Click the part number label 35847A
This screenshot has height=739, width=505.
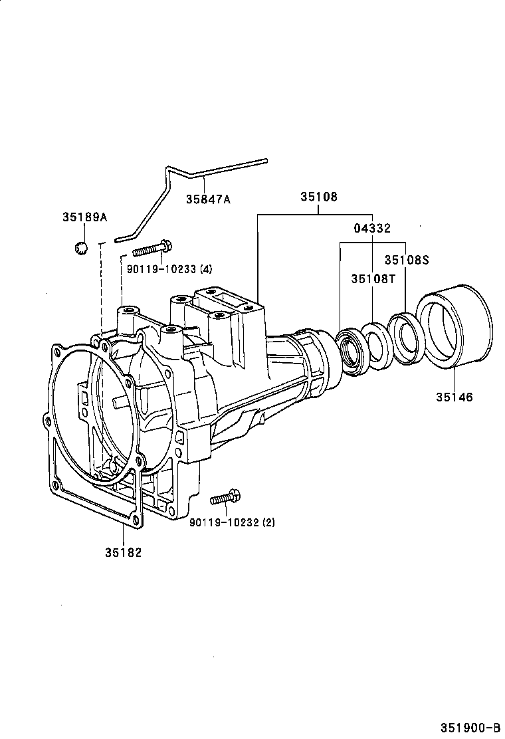pos(208,199)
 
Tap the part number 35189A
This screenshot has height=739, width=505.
pos(85,217)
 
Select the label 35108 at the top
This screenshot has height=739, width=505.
pos(318,197)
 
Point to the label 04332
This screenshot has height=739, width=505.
pos(371,228)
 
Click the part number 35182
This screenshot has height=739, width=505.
pos(123,552)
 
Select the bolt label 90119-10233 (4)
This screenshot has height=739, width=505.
pos(169,269)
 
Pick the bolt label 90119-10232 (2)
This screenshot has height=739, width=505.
pos(232,522)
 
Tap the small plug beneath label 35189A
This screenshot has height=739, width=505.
pos(81,248)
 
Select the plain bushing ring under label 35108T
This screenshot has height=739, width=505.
pos(377,345)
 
